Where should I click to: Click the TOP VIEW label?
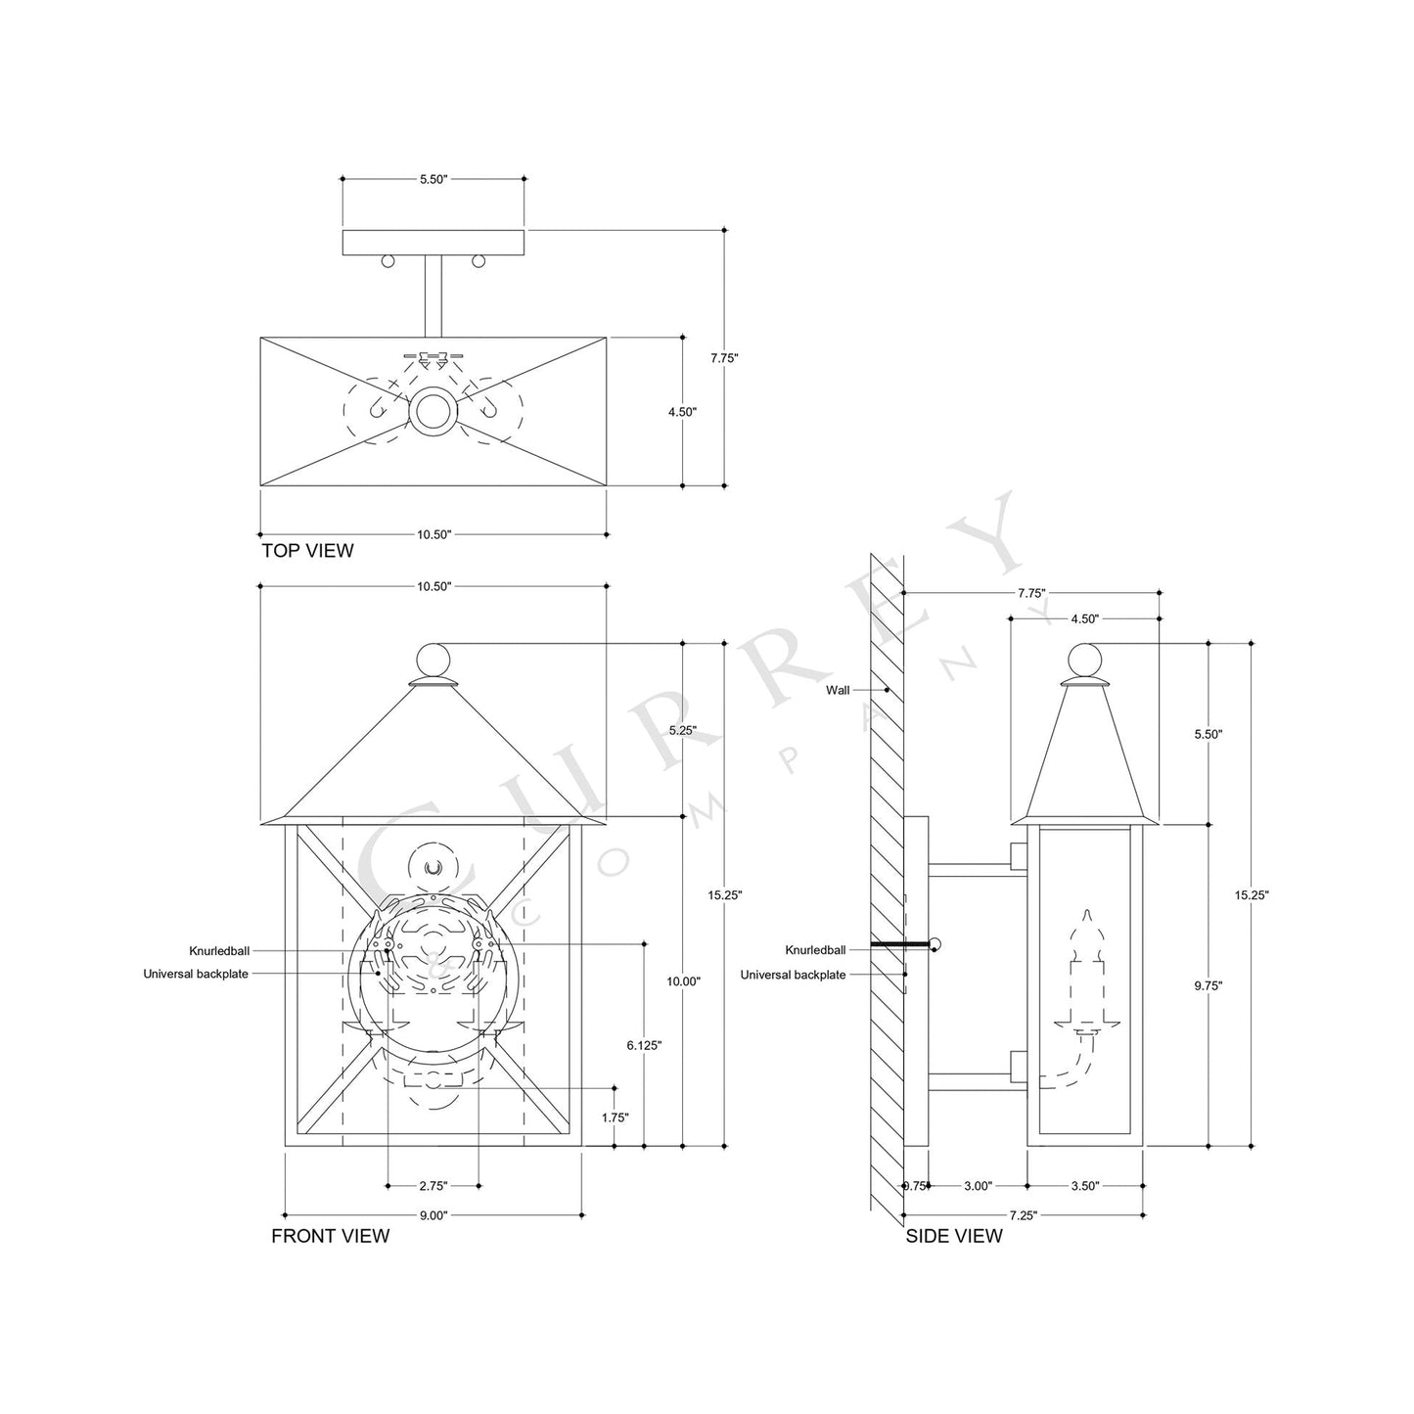point(307,551)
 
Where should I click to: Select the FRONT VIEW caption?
point(330,1236)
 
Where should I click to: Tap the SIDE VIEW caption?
point(953,1236)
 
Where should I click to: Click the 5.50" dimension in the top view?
point(433,179)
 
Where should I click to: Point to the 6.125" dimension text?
point(644,1045)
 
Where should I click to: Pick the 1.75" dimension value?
point(615,1117)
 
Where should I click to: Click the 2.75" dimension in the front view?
point(433,1186)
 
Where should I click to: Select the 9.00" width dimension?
point(433,1215)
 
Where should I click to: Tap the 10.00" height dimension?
point(683,981)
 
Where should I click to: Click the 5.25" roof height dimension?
point(683,730)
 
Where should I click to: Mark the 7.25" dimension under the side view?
point(1022,1215)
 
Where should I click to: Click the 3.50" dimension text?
point(1084,1186)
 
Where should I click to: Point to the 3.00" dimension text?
point(978,1186)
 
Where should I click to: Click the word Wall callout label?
point(838,690)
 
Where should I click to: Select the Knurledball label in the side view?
point(815,950)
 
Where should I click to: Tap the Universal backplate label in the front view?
point(196,974)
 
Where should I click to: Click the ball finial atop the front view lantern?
point(433,657)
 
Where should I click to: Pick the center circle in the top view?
point(433,411)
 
